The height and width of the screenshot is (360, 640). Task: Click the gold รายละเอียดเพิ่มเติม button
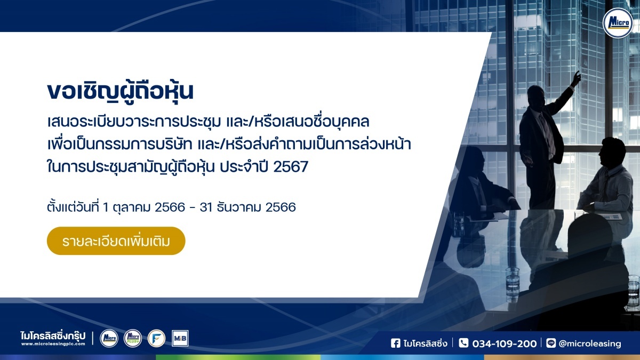coord(116,241)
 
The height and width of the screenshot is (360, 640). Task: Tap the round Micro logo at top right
coord(618,23)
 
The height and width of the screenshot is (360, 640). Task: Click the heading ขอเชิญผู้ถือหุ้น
coord(121,91)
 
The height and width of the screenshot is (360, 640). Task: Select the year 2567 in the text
coord(291,166)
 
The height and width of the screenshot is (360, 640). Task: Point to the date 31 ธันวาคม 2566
coord(247,207)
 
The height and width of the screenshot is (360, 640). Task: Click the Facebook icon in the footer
coord(395,343)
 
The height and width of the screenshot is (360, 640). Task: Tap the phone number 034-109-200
coord(505,343)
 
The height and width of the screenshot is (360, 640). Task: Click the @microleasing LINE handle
coord(590,343)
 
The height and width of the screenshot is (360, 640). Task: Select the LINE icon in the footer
coord(550,343)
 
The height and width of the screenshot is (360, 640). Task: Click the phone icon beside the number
coord(463,343)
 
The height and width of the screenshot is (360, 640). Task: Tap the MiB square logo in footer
coord(180,339)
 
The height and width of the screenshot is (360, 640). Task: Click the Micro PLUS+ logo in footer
coord(133,339)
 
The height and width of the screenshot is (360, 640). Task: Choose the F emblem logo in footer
coord(156,339)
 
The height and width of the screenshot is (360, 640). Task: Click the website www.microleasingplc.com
coord(53,344)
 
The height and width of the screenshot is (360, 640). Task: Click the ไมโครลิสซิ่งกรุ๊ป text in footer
coord(53,335)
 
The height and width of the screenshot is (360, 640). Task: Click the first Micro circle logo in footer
coord(109,339)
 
